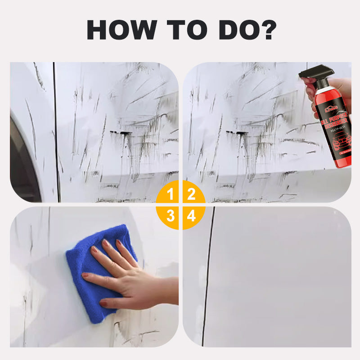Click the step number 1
(x=171, y=194)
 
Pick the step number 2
(x=191, y=194)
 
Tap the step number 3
(x=171, y=216)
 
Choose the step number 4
(x=191, y=216)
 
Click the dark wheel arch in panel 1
(x=22, y=166)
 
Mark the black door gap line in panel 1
(x=56, y=135)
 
